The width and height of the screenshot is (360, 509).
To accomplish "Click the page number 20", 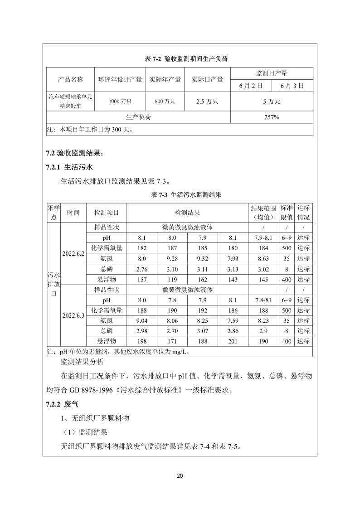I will (x=180, y=475).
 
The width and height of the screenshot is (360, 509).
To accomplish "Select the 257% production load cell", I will (x=272, y=117).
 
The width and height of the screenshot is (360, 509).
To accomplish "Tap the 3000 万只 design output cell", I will (x=120, y=102).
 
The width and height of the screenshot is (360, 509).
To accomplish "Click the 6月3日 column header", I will (x=292, y=85).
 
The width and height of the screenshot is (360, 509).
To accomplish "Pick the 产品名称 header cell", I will (x=71, y=79).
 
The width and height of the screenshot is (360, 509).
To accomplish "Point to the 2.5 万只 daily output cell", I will (x=207, y=102).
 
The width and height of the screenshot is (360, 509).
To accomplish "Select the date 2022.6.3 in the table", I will (x=73, y=315).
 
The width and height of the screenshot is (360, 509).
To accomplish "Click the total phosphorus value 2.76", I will (x=142, y=269).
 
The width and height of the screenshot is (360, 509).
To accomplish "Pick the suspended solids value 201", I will (x=233, y=341).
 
